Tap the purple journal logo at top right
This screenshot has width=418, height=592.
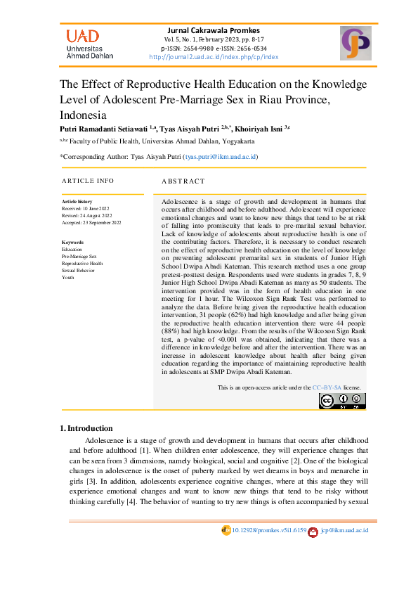click(x=355, y=43)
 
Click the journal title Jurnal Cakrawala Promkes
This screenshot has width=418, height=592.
click(x=214, y=30)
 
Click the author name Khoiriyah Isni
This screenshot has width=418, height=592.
click(x=258, y=128)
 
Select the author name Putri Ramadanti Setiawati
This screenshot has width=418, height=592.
click(x=103, y=128)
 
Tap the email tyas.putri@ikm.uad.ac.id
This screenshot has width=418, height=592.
click(x=221, y=157)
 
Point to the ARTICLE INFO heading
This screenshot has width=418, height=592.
click(x=88, y=181)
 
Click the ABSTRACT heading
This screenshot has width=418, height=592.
click(x=183, y=181)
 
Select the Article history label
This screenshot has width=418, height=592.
click(x=77, y=202)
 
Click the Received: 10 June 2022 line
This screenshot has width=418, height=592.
click(x=86, y=209)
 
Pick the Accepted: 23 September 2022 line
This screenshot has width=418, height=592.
click(x=91, y=222)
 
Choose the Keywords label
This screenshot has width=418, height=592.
click(x=74, y=243)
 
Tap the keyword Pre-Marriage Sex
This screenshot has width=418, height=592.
click(x=79, y=257)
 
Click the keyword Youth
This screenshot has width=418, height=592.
click(x=67, y=278)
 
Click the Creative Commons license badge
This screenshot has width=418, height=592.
click(x=341, y=401)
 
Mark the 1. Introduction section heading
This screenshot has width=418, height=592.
click(x=86, y=428)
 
